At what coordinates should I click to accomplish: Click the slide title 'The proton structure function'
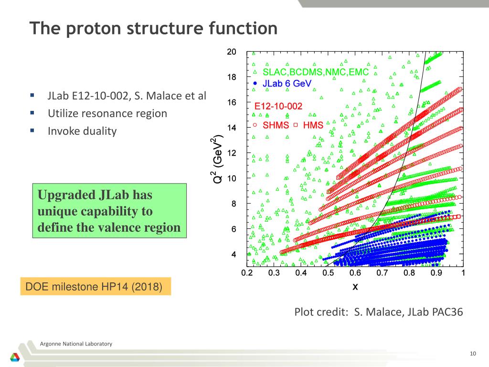coord(153,29)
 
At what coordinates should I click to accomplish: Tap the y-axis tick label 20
coord(231,52)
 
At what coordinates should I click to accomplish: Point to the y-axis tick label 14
coord(231,128)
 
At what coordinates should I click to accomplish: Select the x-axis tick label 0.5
coord(328,273)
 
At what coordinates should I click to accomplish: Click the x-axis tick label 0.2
coord(247,273)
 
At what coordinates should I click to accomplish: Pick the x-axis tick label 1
coord(463,273)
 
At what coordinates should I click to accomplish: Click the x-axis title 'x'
coord(355,287)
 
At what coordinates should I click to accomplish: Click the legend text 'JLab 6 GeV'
coord(287,83)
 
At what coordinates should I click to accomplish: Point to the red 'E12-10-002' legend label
coord(278,106)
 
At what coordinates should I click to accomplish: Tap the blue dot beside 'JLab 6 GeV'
coord(255,83)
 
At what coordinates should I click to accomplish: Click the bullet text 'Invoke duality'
coord(82,131)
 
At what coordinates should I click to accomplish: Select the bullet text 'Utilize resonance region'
coord(107,113)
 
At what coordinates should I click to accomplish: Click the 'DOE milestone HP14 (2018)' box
coord(96,287)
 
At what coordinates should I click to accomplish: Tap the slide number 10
coord(473,353)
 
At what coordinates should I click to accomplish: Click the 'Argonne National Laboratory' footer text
coord(76,344)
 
